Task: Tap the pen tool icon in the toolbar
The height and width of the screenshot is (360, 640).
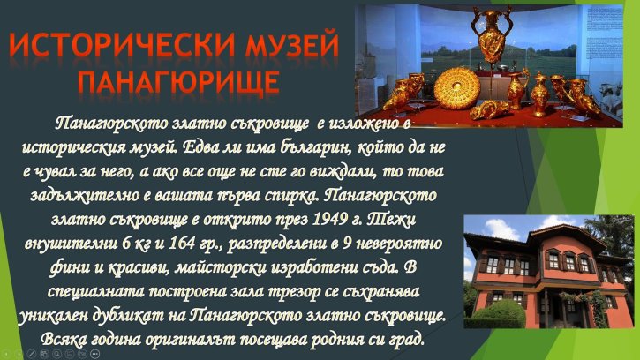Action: (31, 353)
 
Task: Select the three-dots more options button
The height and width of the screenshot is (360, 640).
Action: (95, 353)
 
